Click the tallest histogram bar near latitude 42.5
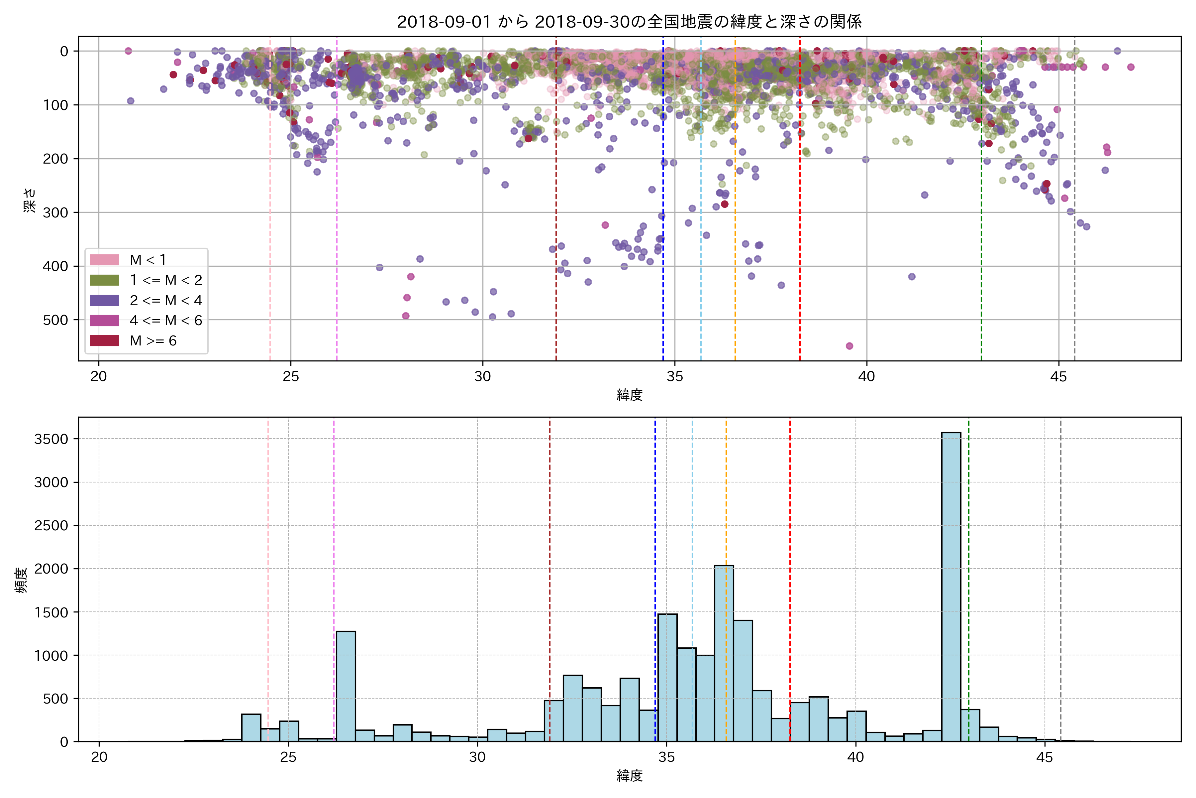point(951,585)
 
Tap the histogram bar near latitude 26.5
point(346,687)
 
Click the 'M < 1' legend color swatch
point(104,260)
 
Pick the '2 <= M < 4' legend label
point(166,300)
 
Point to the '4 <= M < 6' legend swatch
point(104,321)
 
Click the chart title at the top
point(629,22)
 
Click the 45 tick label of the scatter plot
point(1058,377)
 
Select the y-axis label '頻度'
point(21,580)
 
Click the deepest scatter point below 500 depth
point(849,346)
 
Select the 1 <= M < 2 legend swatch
point(104,280)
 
